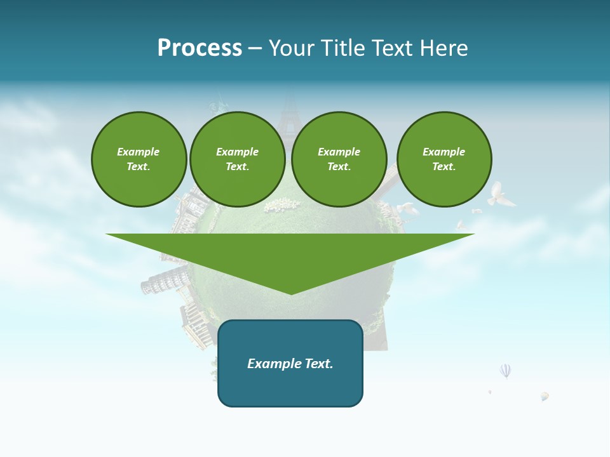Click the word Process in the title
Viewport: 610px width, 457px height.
click(200, 48)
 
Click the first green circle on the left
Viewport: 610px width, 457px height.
click(139, 159)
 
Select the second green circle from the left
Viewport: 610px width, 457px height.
click(238, 159)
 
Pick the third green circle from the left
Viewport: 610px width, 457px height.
click(339, 159)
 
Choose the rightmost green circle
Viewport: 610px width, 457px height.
click(444, 159)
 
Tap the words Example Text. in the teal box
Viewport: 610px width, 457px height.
click(290, 364)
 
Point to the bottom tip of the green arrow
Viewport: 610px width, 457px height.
click(291, 293)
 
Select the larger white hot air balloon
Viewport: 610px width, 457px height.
click(505, 370)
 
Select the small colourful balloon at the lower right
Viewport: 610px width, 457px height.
click(545, 396)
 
